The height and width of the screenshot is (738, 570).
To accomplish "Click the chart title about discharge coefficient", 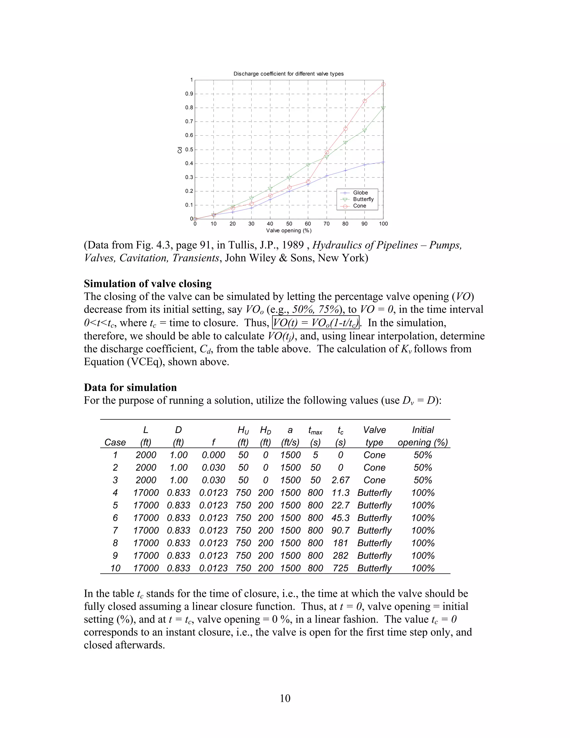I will tap(288, 74).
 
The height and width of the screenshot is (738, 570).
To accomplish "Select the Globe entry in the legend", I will tap(360, 193).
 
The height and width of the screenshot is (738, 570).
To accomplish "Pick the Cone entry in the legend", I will tap(359, 206).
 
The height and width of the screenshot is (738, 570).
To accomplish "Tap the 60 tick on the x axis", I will tap(308, 224).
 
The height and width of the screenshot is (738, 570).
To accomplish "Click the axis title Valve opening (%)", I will tap(289, 231).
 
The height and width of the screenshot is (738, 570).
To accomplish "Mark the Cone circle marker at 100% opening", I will tap(383, 84).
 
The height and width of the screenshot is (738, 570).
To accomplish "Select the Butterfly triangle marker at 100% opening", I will tap(383, 108).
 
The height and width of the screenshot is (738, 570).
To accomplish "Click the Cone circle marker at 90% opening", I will tap(365, 101).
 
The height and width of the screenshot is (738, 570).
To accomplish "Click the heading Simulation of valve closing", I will tap(148, 284).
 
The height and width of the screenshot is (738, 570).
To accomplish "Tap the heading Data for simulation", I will tap(130, 387).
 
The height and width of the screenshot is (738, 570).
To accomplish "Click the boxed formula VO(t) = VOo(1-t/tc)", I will tap(315, 323).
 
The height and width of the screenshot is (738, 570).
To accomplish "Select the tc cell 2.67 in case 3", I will tap(340, 480).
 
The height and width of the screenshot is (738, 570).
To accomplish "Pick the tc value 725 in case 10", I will tap(340, 568).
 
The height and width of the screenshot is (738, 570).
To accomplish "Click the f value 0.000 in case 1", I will tap(213, 455).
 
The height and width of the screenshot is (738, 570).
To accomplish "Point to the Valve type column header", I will tap(374, 436).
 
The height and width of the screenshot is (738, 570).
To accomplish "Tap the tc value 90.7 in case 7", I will tap(340, 530).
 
